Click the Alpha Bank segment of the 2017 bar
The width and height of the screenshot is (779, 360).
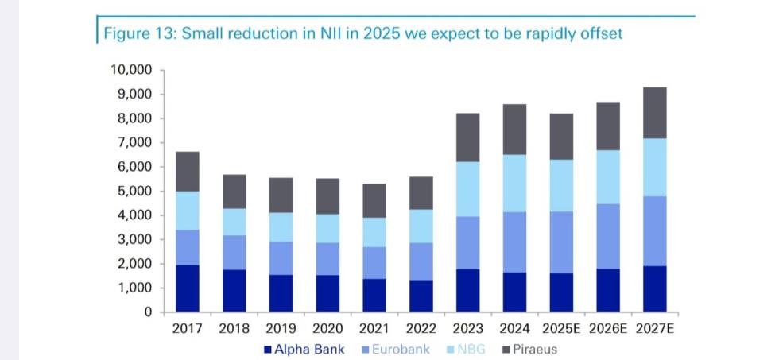tap(187, 288)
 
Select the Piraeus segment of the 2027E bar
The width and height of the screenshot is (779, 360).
tap(655, 113)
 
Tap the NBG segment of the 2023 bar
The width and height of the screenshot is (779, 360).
tap(467, 189)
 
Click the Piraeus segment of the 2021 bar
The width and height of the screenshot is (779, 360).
tap(374, 200)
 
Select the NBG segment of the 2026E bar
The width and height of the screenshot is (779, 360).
tap(608, 177)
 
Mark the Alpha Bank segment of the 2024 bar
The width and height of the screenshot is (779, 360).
tap(514, 292)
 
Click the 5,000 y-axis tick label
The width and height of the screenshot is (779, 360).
tap(133, 191)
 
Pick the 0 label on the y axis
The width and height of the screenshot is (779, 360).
tap(147, 312)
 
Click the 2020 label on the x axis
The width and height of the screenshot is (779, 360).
tap(327, 328)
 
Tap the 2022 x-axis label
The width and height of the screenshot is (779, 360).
tap(421, 328)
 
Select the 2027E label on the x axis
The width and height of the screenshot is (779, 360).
tap(655, 328)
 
